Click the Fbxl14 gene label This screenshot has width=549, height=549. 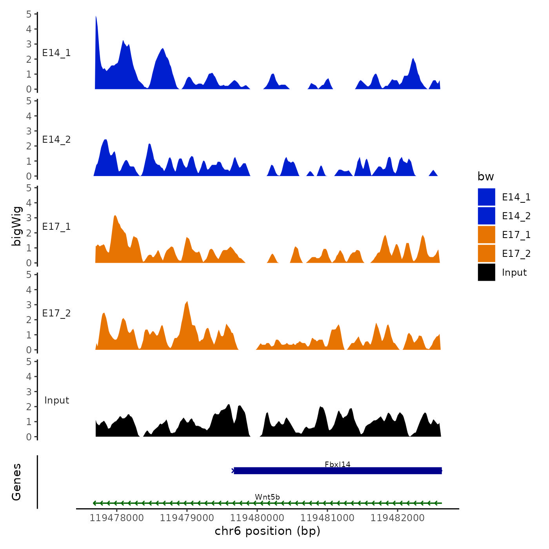coord(337,464)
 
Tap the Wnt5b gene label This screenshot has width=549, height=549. coord(267,497)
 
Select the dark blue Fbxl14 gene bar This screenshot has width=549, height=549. coord(337,471)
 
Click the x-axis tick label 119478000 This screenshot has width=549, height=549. coord(117,518)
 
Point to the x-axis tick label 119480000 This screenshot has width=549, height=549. coord(257,518)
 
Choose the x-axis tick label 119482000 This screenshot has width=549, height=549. coord(397,518)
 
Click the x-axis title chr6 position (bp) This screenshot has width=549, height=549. coord(267,531)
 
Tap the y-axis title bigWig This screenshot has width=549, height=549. coord(16,226)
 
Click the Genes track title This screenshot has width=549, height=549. coord(16,482)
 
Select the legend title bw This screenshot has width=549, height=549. coord(485,176)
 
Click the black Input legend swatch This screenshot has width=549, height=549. coord(486,272)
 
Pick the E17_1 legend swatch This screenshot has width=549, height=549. coord(486,235)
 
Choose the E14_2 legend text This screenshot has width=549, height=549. coord(516,216)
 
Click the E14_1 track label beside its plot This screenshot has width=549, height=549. coord(56,53)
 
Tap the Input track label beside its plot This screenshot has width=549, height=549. coord(56,400)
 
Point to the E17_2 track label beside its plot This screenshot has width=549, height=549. coord(56,313)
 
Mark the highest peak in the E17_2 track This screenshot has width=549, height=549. coord(187,303)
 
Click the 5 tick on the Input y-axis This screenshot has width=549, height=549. coord(29,362)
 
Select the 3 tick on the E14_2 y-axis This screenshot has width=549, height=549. coord(29,131)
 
